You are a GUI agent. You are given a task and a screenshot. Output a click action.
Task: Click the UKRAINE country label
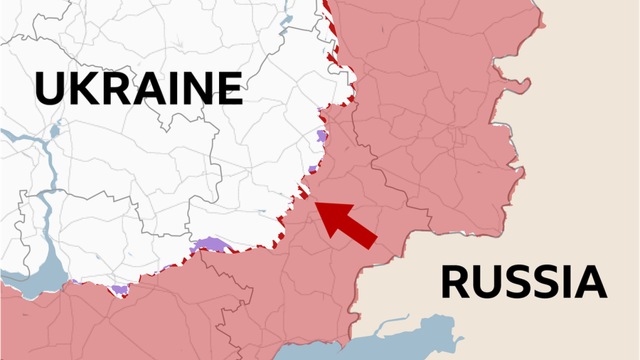click(x=139, y=88)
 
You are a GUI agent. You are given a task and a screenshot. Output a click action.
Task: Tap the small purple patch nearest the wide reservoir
click(x=119, y=289)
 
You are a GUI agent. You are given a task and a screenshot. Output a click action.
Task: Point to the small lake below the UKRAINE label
click(x=55, y=131)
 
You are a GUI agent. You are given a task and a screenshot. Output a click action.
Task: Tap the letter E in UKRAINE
click(x=228, y=88)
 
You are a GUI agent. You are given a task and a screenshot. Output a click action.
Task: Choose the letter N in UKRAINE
click(x=192, y=88)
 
